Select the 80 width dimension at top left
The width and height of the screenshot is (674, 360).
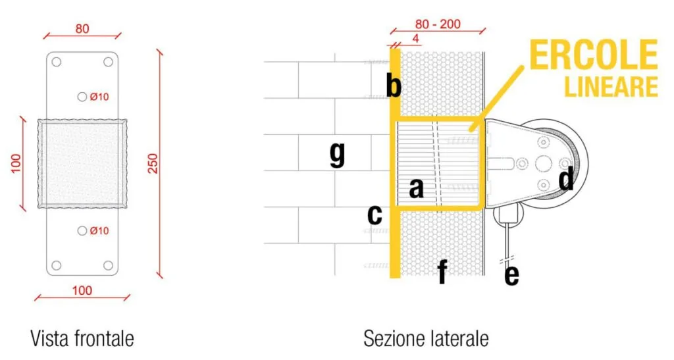point(82,29)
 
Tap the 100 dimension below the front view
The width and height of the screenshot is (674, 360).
point(82,290)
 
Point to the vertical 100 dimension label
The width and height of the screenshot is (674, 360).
point(16,163)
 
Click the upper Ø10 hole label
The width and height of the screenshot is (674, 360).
point(99,97)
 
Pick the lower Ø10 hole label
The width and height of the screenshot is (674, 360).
point(99,230)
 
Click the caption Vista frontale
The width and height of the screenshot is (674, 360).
point(82,338)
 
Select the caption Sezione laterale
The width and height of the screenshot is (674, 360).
point(426,338)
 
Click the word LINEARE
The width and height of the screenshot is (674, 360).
point(611,86)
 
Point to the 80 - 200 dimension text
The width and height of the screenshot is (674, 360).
point(438,24)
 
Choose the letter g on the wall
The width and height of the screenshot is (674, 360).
point(337,155)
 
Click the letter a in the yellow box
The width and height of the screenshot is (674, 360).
point(416,188)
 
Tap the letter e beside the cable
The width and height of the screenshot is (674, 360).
point(511,275)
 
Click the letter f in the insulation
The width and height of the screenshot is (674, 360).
point(442,271)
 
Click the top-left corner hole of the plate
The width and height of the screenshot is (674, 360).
point(56,62)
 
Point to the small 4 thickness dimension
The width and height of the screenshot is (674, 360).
point(415,39)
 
